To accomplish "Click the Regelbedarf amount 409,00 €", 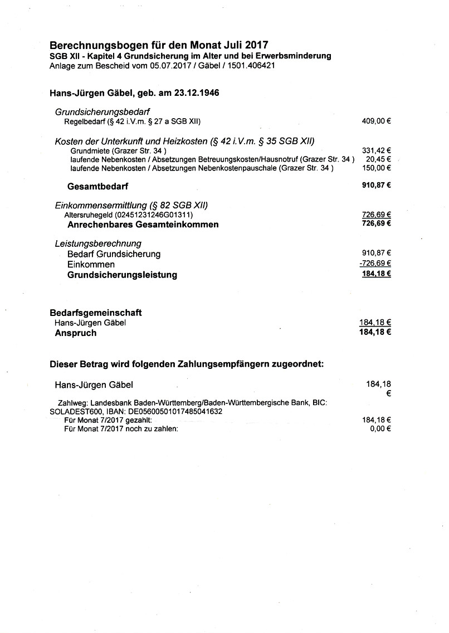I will tap(376, 121).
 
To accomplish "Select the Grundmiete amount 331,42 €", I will tap(376, 150).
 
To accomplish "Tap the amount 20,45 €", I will tap(378, 159).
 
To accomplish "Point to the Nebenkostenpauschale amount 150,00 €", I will tap(376, 168).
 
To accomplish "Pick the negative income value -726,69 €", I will tap(375, 264).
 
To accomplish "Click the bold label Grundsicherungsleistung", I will tap(122, 275).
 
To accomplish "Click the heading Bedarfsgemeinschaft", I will tap(100, 313).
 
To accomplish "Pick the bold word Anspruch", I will tap(75, 333).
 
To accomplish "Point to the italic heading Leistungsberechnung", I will tap(98, 244).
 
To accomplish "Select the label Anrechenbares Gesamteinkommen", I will tap(143, 225).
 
